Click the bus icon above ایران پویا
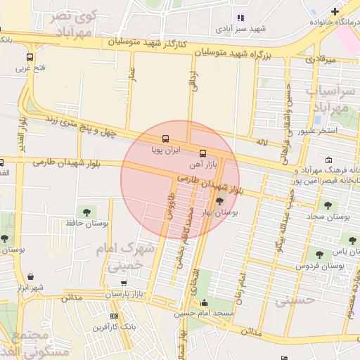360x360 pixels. click(x=165, y=139)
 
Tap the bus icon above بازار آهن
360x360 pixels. click(x=203, y=153)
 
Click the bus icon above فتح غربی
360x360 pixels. click(x=30, y=57)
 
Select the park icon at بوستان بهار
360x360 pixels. click(x=219, y=202)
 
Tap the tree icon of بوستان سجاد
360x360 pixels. click(x=327, y=205)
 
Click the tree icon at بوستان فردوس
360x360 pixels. click(x=320, y=255)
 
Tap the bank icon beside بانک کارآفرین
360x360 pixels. click(x=115, y=317)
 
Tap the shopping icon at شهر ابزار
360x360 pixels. click(x=31, y=277)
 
